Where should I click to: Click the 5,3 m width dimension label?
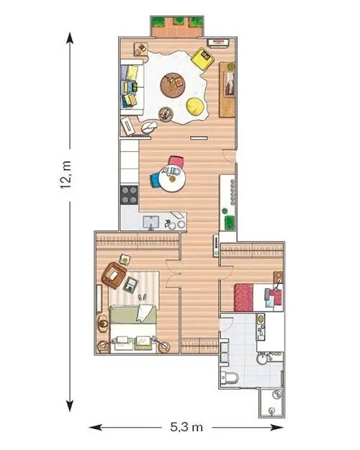tap(186, 427)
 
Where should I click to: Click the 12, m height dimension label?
tap(66, 175)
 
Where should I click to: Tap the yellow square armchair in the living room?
tap(202, 58)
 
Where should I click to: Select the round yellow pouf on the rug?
tap(196, 107)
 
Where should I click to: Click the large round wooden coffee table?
tap(173, 85)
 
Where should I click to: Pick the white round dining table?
tap(172, 179)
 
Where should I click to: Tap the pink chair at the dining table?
tap(176, 161)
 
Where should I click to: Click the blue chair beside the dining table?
tap(155, 181)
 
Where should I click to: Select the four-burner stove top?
tap(129, 195)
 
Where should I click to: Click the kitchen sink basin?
tap(151, 222)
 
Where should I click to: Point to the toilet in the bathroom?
tap(230, 378)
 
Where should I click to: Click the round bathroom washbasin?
tap(262, 359)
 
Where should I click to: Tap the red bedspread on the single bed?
tap(243, 297)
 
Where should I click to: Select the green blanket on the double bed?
tap(133, 315)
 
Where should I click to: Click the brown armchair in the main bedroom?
tap(114, 275)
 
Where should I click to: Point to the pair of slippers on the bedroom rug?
tap(143, 297)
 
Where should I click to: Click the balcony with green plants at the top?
tap(177, 27)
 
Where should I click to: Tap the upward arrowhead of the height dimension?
tap(69, 38)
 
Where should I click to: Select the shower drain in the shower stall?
tap(271, 410)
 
